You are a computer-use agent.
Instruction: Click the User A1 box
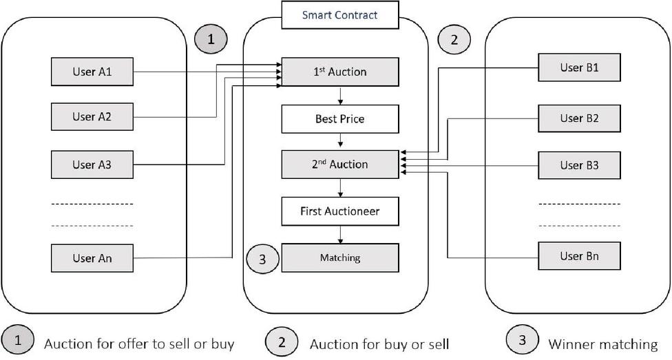point(92,72)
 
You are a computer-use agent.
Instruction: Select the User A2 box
point(92,117)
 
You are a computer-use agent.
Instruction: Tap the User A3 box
point(92,165)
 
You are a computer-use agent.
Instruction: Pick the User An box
point(92,258)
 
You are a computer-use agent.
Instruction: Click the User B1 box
point(579,67)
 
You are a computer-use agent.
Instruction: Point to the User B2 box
point(579,118)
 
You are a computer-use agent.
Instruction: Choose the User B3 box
point(579,165)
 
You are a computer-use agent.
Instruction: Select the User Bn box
point(579,256)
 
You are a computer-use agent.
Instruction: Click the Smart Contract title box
point(340,14)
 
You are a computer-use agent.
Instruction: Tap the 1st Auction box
point(340,72)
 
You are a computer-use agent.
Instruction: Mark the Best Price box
point(340,119)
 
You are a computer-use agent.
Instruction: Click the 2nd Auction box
point(340,165)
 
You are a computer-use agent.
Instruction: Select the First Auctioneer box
point(340,211)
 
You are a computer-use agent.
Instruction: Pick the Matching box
point(340,258)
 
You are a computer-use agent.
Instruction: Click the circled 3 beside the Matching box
point(262,259)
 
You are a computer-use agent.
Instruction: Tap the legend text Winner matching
point(602,343)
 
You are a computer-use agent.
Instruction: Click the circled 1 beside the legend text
point(18,340)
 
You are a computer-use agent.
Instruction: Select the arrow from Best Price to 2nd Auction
point(340,142)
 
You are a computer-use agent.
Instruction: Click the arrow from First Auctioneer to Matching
point(340,235)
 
